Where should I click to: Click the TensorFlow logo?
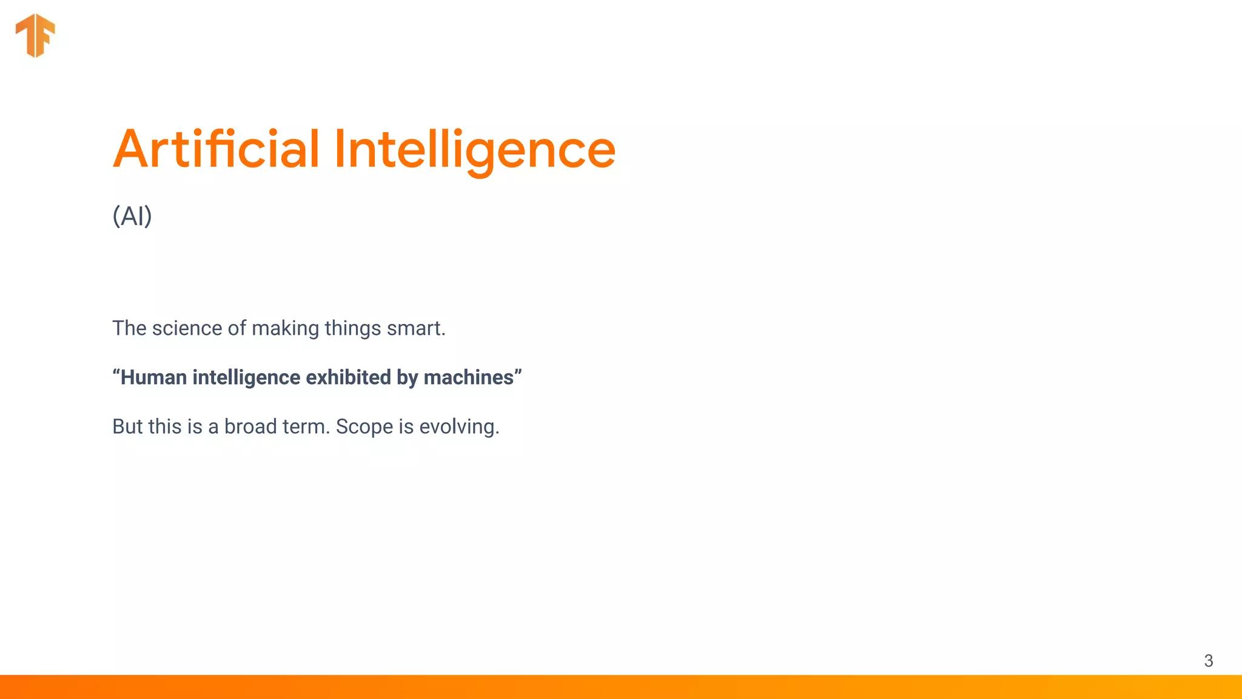35,35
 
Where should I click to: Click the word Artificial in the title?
216,149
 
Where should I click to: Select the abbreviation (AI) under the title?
132,216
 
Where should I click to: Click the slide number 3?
1208,661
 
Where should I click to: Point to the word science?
187,328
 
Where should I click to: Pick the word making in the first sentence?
285,328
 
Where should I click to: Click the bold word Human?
153,377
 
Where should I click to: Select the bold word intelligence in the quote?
246,377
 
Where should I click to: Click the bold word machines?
469,377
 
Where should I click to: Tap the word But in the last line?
127,427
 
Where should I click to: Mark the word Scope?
364,427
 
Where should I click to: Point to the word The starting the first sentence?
129,328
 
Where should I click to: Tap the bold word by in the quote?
408,377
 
